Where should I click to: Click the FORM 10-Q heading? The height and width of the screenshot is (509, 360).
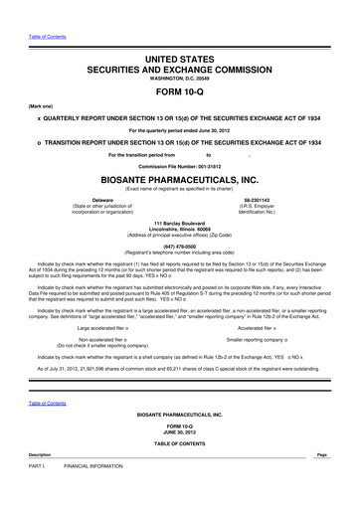point(180,86)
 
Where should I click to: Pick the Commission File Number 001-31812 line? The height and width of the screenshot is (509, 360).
point(180,165)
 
